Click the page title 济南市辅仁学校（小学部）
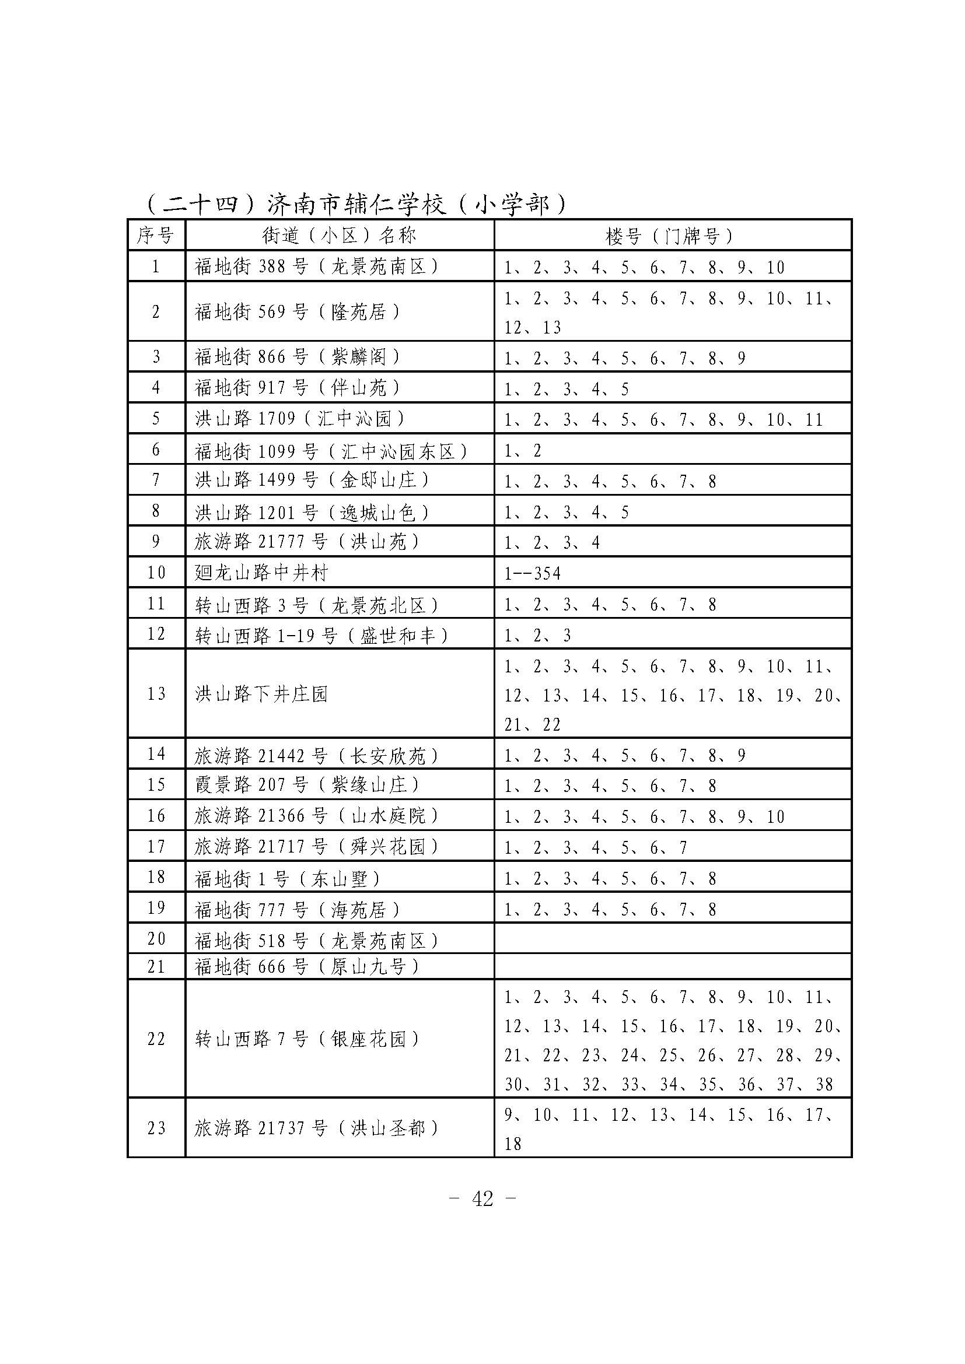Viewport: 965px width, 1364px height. pyautogui.click(x=355, y=204)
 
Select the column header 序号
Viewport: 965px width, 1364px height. pyautogui.click(x=156, y=236)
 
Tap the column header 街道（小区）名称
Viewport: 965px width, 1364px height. pyautogui.click(x=340, y=236)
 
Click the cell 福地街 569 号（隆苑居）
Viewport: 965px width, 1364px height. pyautogui.click(x=298, y=312)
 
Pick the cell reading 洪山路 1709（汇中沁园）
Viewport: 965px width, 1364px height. pyautogui.click(x=300, y=419)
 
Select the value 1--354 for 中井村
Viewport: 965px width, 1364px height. pyautogui.click(x=533, y=573)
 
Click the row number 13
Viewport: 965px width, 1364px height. pyautogui.click(x=156, y=694)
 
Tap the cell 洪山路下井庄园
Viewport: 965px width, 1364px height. pyautogui.click(x=261, y=694)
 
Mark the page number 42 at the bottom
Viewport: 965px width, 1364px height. pyautogui.click(x=482, y=1199)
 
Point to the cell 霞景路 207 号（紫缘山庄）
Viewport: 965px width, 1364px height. pyautogui.click(x=307, y=786)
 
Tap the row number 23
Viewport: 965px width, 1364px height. pyautogui.click(x=156, y=1128)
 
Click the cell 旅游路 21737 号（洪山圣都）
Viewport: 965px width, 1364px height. pyautogui.click(x=317, y=1128)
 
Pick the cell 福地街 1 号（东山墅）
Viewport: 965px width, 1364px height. pyautogui.click(x=288, y=879)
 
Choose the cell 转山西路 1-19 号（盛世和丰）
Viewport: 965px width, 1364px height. pyautogui.click(x=321, y=636)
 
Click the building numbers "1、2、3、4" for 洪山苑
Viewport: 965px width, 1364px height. pyautogui.click(x=552, y=542)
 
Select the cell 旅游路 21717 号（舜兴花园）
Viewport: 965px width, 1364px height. pyautogui.click(x=317, y=847)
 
